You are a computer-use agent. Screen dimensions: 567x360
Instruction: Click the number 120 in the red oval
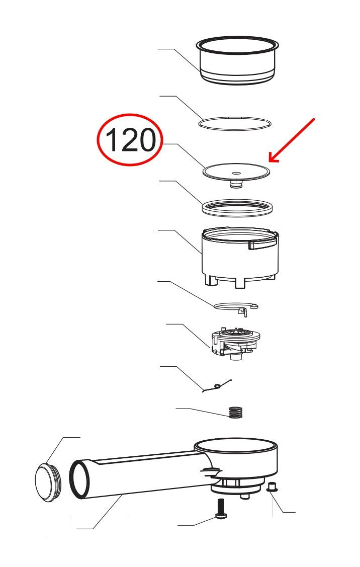pos(130,140)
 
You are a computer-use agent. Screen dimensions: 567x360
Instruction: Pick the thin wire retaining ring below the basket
pos(236,124)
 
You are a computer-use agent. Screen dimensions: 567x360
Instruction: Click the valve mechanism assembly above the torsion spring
pos(235,344)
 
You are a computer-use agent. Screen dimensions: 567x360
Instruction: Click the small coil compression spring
pos(235,412)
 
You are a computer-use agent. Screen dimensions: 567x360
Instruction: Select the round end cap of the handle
pos(48,482)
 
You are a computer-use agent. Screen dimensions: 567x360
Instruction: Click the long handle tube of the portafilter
pos(146,473)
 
